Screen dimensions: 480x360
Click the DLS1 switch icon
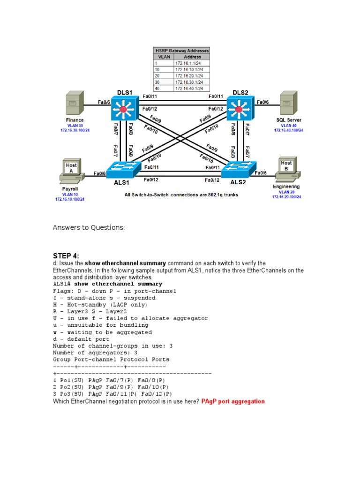tap(123, 110)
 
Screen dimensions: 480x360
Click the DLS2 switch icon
tap(239, 110)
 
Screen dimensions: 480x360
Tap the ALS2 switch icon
tap(239, 170)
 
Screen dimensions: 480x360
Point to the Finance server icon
tap(75, 103)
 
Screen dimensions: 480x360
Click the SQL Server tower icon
tap(288, 103)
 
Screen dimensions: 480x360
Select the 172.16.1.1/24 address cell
tap(190, 63)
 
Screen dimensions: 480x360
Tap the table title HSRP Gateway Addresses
tap(182, 50)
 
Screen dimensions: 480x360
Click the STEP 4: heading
tap(66, 255)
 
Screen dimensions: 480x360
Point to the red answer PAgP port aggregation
tap(233, 401)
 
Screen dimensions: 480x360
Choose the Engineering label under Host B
tap(286, 187)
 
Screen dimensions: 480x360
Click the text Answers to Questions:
tap(89, 227)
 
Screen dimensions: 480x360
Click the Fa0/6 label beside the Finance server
tap(104, 102)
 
